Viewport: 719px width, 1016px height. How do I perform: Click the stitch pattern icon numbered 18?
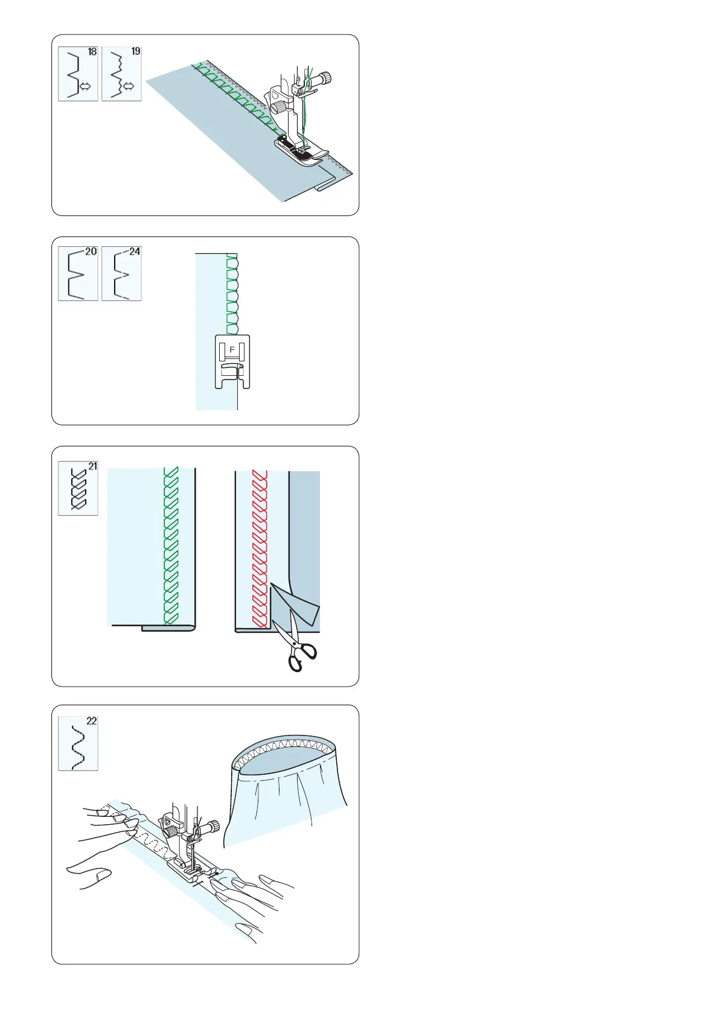point(78,74)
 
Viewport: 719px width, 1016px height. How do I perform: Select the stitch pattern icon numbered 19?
point(121,74)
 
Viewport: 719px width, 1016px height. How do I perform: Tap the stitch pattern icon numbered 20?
point(78,273)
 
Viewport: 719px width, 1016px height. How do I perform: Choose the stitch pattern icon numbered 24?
point(121,273)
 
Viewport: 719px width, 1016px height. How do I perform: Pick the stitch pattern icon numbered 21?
point(78,489)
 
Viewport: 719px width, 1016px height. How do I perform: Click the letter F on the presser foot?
point(232,350)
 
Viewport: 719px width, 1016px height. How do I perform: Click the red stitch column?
point(260,549)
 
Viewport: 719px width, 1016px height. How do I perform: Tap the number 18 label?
point(92,52)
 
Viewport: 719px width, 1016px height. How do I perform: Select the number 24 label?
point(134,252)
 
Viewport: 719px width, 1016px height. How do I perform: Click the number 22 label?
point(91,721)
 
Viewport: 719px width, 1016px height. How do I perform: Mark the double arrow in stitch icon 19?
point(129,87)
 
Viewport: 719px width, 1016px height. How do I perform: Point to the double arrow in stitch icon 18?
point(85,87)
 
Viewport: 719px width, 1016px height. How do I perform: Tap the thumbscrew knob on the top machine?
point(325,78)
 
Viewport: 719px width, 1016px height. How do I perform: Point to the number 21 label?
point(92,466)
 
